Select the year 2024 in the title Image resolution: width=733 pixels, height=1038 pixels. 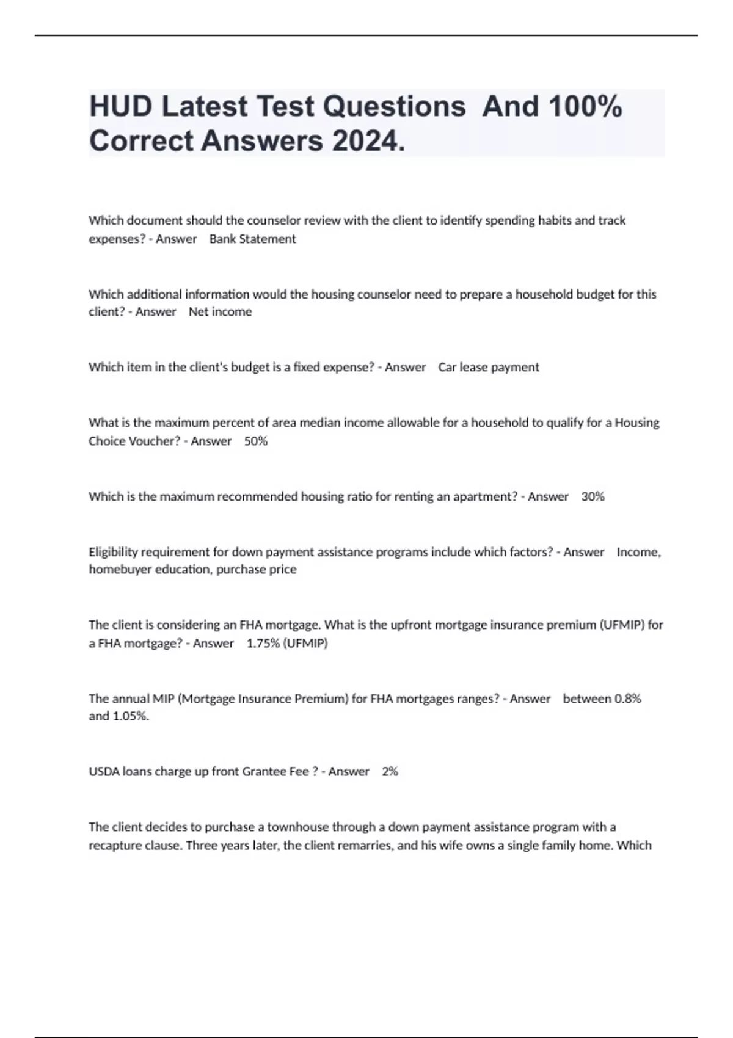(x=368, y=142)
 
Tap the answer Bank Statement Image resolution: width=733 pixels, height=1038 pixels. (x=252, y=239)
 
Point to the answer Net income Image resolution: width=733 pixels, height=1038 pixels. (x=220, y=312)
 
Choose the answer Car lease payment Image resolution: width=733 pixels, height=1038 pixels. (x=489, y=368)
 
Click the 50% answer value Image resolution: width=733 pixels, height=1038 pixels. (x=256, y=441)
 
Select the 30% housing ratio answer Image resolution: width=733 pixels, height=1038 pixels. (x=593, y=496)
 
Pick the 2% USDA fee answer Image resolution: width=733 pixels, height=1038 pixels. (x=390, y=772)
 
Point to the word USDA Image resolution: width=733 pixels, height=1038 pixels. (x=104, y=772)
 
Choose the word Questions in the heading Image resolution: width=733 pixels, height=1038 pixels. (x=394, y=107)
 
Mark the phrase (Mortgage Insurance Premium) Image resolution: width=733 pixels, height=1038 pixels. (x=263, y=699)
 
